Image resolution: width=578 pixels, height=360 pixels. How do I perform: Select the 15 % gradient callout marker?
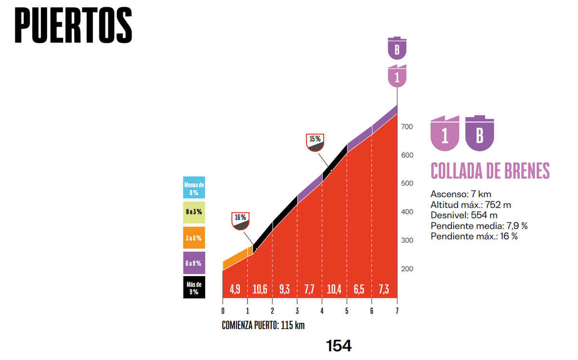click(x=315, y=141)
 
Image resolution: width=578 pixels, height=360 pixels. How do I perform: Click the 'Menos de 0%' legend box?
click(x=194, y=187)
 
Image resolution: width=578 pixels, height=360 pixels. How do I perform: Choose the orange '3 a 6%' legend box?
click(x=194, y=238)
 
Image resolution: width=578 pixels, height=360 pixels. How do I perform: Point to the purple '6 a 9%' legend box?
click(x=194, y=263)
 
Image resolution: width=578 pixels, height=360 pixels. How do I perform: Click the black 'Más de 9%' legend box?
click(x=194, y=287)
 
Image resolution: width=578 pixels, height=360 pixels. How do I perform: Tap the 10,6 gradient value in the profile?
click(x=260, y=289)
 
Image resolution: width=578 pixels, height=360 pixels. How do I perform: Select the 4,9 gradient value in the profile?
click(x=235, y=289)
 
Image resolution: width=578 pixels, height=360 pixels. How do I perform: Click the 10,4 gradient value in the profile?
click(x=334, y=289)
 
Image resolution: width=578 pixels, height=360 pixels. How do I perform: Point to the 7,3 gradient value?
click(x=384, y=289)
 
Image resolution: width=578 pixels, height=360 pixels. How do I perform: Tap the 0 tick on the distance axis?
click(x=223, y=311)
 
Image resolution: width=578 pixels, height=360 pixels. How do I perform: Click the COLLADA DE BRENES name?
click(x=490, y=171)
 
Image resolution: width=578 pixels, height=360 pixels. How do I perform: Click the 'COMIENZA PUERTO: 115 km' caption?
click(x=263, y=325)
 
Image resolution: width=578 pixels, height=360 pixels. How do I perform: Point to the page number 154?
click(x=339, y=346)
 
